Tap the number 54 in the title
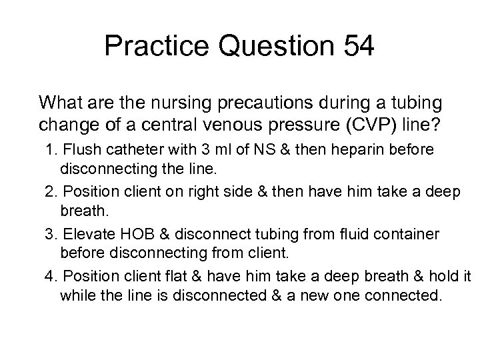351,47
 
